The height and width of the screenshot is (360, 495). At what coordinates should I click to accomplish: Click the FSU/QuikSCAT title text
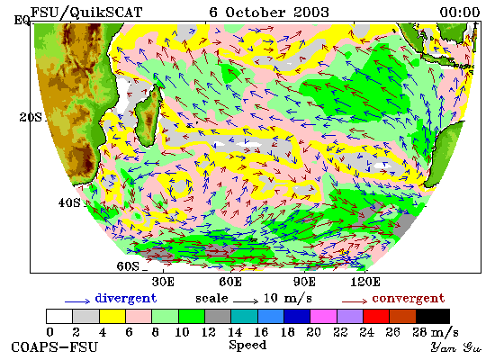pos(86,13)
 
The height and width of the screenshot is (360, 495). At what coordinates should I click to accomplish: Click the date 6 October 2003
pos(269,13)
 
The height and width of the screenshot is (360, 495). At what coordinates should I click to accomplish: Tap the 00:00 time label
pos(460,13)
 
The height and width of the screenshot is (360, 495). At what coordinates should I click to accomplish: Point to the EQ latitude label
pos(22,21)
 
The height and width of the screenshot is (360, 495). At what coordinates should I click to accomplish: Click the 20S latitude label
pos(31,118)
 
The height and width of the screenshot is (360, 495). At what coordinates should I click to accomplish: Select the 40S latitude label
pos(69,202)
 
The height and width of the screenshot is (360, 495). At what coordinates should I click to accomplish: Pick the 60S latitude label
pos(128,266)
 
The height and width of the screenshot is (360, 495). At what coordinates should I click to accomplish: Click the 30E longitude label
pos(163,282)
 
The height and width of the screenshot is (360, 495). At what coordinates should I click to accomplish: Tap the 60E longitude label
pos(230,282)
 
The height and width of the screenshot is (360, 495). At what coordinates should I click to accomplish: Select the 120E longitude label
pos(365,282)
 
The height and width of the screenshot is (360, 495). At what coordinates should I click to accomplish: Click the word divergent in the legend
pos(126,299)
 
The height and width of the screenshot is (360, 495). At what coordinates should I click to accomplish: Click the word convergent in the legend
pos(409,299)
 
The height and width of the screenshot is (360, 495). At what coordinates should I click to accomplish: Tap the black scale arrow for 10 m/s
pos(246,301)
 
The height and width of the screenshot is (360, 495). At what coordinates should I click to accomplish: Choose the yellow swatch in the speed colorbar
pos(112,316)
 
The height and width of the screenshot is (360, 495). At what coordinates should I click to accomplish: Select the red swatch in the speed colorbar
pos(376,316)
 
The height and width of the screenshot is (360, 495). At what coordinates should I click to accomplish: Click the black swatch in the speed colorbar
pos(433,316)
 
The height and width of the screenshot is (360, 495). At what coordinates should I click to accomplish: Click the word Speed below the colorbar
pos(247,346)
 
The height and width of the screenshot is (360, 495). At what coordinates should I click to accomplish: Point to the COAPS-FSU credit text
pos(54,347)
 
